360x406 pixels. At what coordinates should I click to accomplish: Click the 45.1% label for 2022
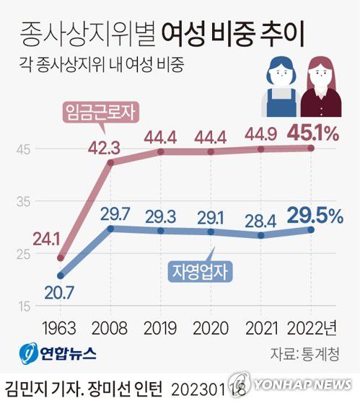tap(310, 134)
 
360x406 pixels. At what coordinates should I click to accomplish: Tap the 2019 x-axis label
tap(159, 327)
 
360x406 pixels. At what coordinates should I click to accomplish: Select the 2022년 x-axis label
tap(312, 327)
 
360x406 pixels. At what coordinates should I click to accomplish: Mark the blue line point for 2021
tap(260, 235)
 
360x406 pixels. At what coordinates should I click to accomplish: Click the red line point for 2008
tap(110, 163)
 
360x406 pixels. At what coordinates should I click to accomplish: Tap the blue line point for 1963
tap(61, 275)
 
